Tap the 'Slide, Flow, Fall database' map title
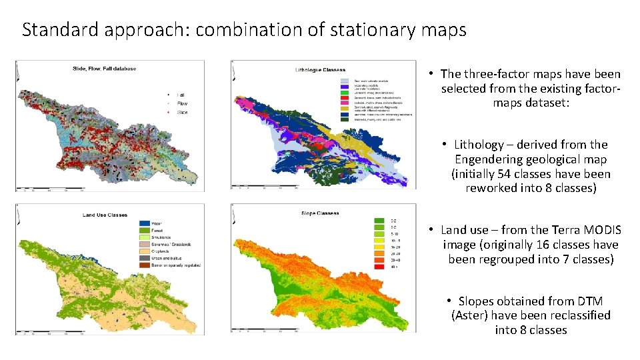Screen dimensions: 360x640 (x=103, y=69)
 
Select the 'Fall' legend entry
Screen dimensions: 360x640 (x=181, y=95)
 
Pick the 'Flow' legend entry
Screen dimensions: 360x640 (x=182, y=103)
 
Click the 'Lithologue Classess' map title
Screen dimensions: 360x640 (x=321, y=69)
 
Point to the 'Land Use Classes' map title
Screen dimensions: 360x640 (x=105, y=215)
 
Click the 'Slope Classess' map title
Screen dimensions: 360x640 (x=320, y=213)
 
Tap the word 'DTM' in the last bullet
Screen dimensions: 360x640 (x=590, y=301)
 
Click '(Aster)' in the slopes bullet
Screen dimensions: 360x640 (x=469, y=315)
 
